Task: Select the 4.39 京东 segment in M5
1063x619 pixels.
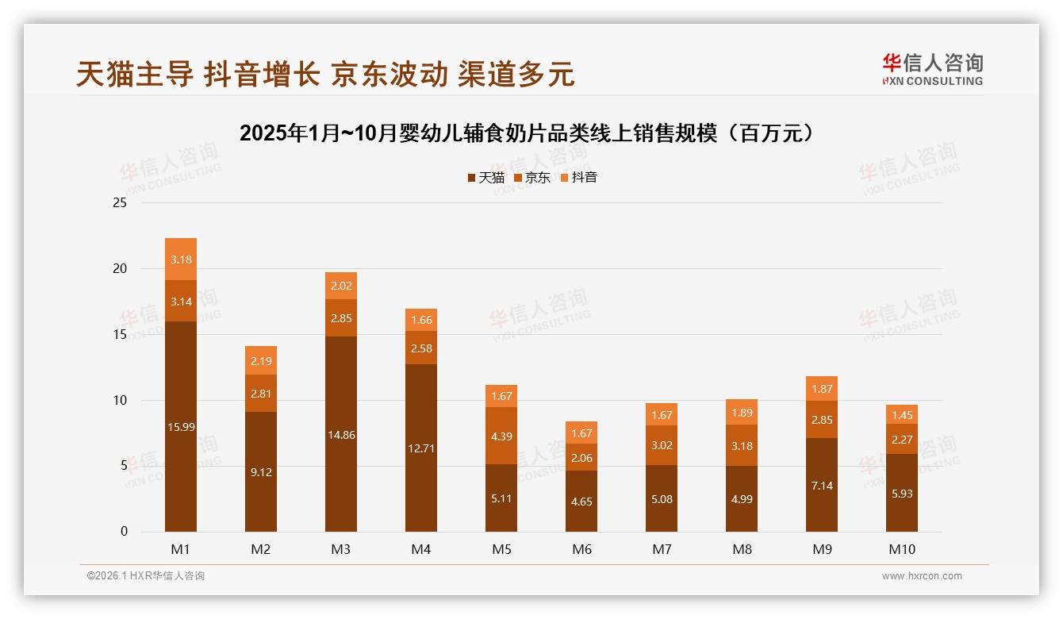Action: (501, 436)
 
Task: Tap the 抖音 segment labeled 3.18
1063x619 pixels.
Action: (181, 260)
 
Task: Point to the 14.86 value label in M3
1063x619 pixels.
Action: (341, 435)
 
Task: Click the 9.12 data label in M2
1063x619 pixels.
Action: (261, 472)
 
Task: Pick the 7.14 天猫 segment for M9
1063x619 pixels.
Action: (822, 485)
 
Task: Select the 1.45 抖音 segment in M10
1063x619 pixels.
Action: (902, 414)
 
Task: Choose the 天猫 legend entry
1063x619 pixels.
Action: (485, 178)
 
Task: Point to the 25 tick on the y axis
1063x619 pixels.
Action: (120, 203)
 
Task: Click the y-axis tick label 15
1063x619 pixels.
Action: (120, 334)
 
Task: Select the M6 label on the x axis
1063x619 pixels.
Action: (581, 549)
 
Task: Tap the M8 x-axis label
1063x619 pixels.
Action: (742, 549)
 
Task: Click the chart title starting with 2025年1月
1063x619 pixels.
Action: (528, 133)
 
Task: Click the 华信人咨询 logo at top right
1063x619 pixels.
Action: (932, 70)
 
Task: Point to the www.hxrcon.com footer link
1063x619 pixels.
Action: (922, 576)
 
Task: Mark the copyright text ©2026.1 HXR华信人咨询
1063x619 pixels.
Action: (145, 576)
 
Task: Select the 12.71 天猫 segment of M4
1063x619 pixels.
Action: (421, 448)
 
